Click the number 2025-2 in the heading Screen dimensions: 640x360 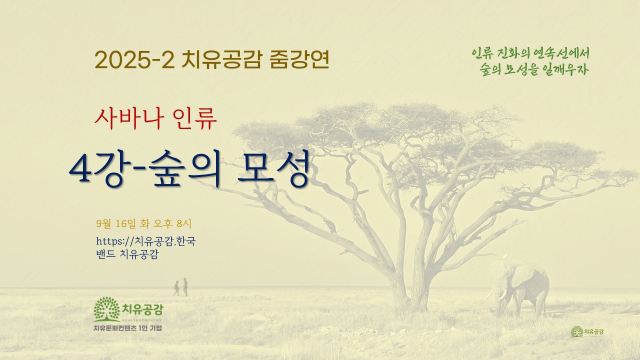coord(134,60)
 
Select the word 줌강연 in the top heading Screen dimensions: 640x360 coord(299,59)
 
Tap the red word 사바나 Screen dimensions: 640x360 coord(129,118)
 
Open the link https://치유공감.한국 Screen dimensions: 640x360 coord(145,241)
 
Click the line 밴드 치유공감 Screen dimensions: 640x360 coord(127,254)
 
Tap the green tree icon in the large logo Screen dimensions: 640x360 coord(106,309)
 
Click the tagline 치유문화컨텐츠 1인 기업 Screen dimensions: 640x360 coord(127,328)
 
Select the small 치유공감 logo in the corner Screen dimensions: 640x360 coord(587,331)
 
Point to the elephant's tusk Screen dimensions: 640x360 coord(491,295)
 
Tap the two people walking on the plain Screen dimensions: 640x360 coord(181,287)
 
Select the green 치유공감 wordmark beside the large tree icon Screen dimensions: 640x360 coord(142,309)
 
